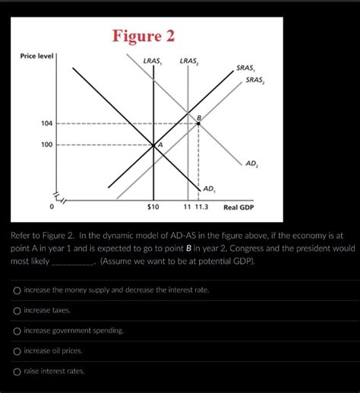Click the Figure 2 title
click(x=144, y=36)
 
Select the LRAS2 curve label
click(x=189, y=61)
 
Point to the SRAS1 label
click(x=245, y=68)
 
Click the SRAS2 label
click(x=256, y=80)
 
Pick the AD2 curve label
click(x=252, y=163)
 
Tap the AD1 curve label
click(x=210, y=188)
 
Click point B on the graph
click(x=198, y=122)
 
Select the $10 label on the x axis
click(x=153, y=207)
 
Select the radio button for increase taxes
click(x=17, y=310)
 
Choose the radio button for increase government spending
click(x=17, y=331)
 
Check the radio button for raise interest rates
click(x=17, y=371)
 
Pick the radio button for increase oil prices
click(x=17, y=350)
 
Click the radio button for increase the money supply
click(x=17, y=290)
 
